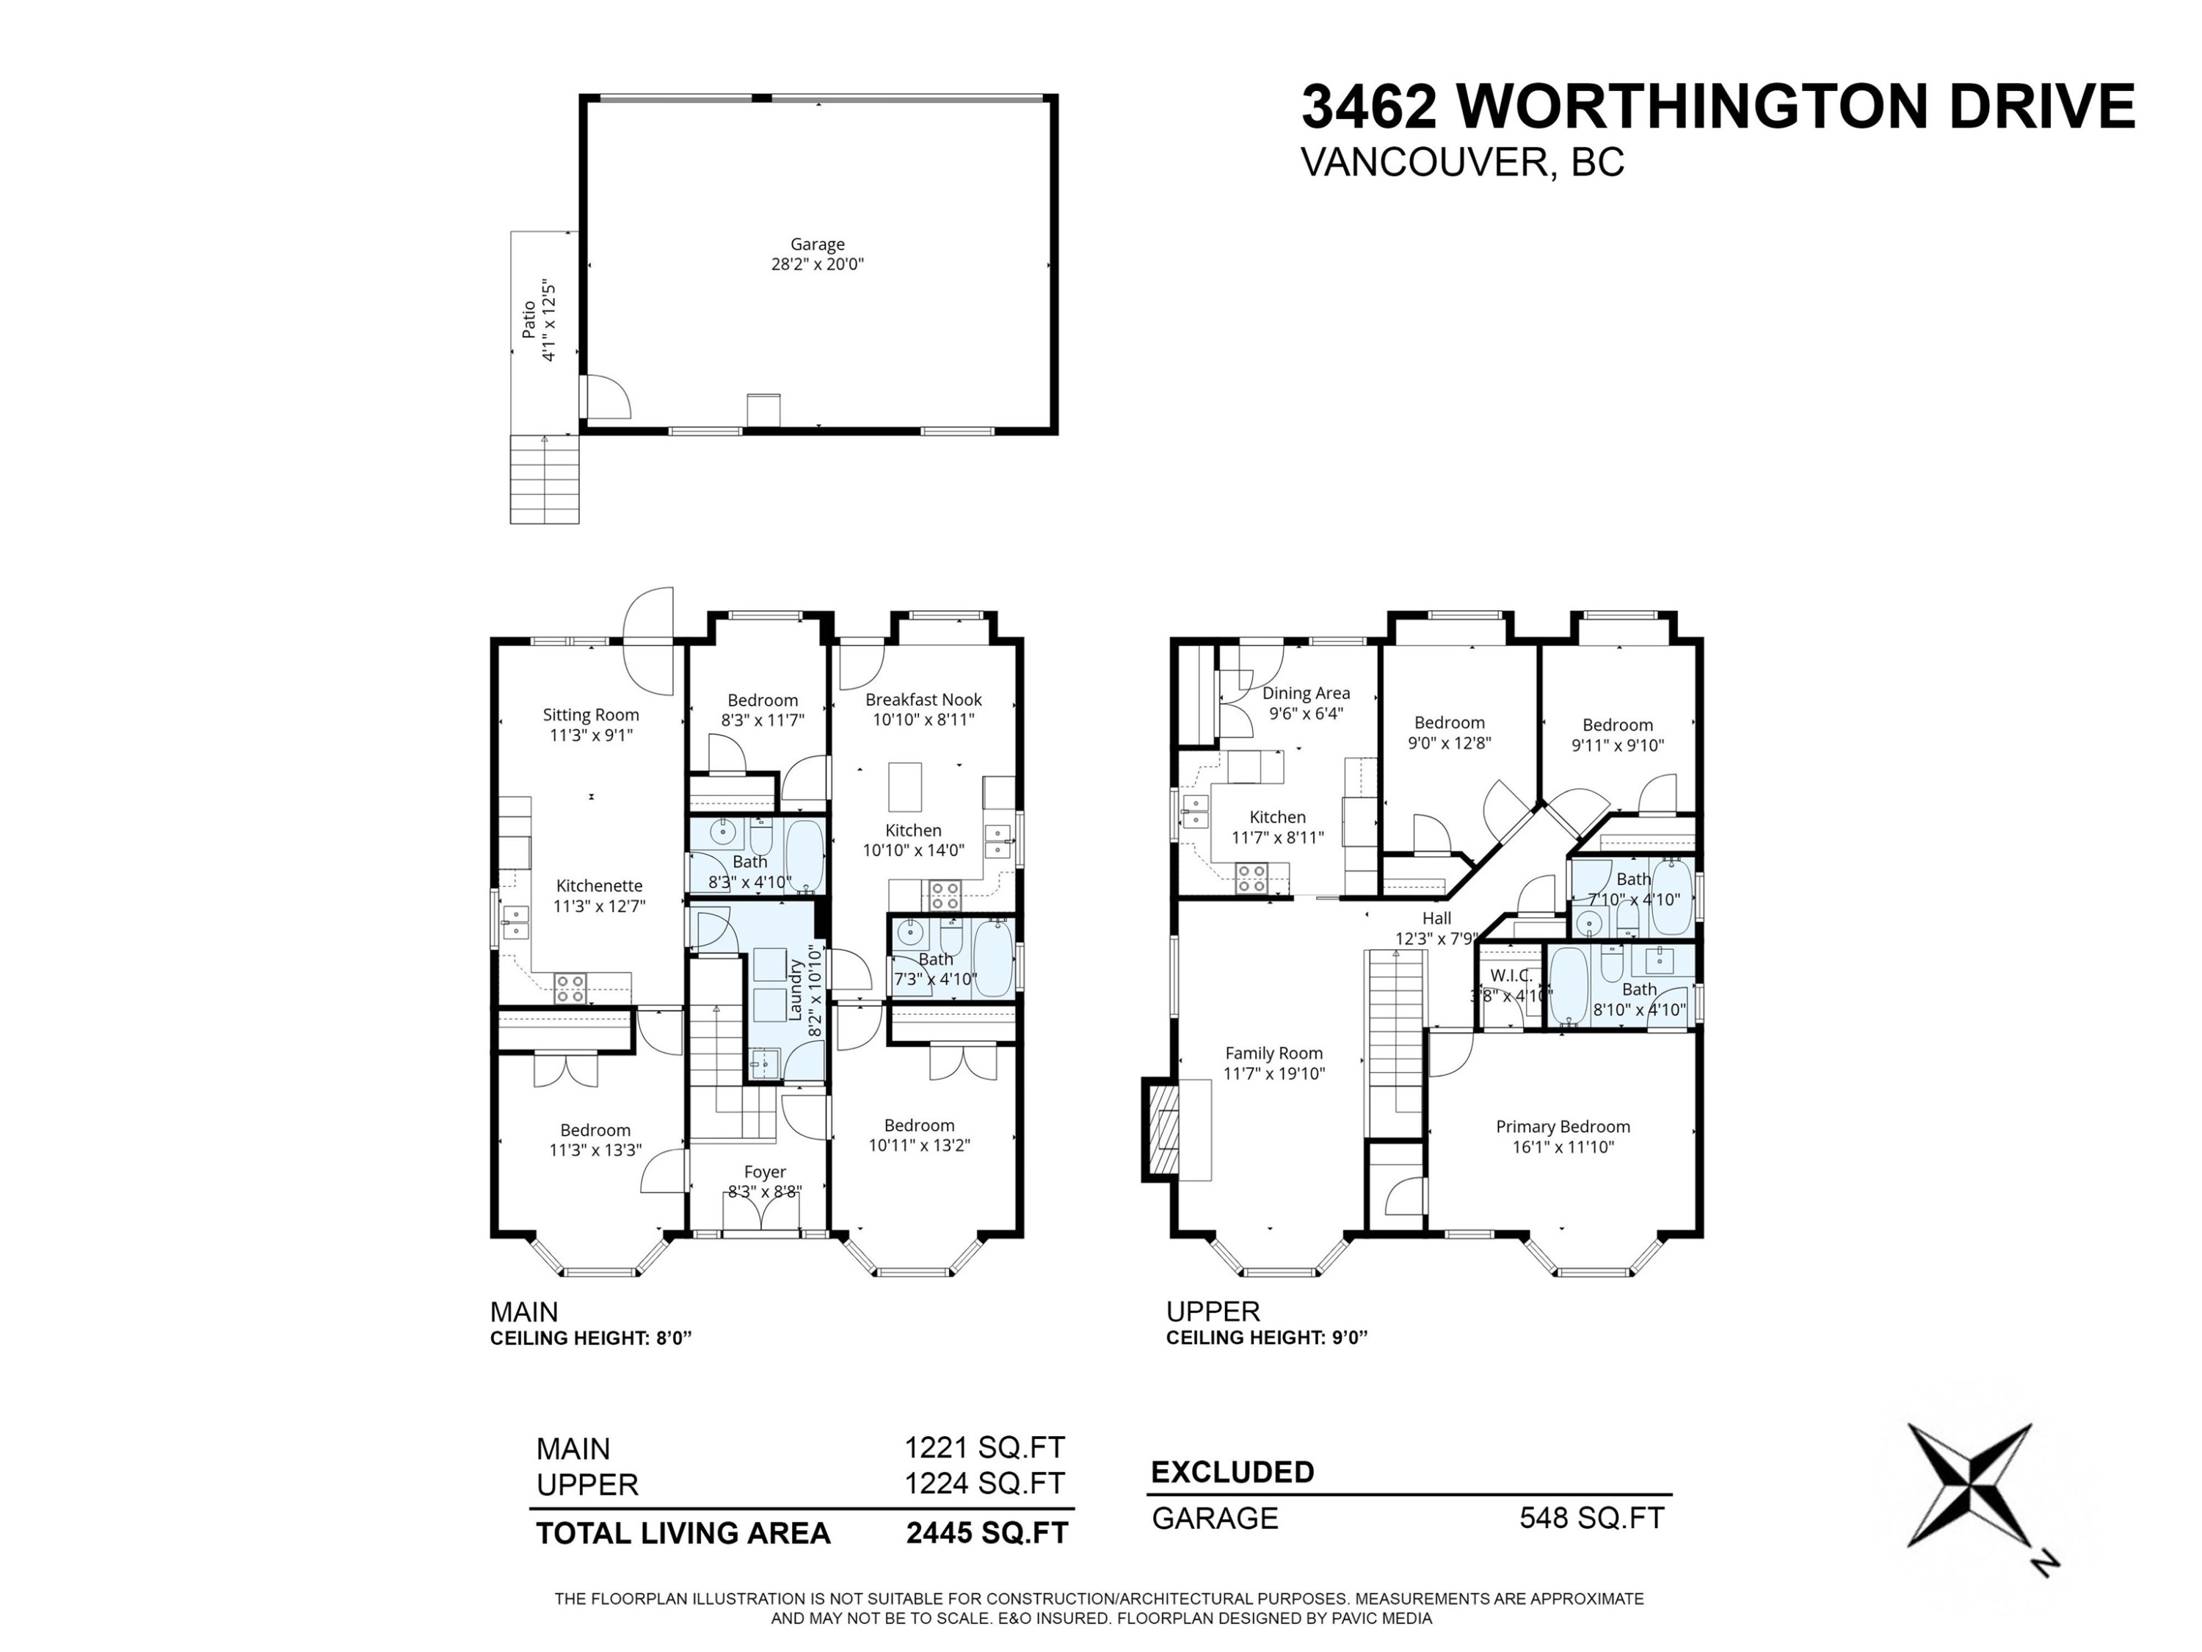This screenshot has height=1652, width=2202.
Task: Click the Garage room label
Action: point(817,244)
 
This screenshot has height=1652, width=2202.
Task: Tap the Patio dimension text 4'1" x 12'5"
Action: point(548,321)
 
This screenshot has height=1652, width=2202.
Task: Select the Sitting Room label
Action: point(590,715)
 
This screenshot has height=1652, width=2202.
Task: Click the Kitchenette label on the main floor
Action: point(598,885)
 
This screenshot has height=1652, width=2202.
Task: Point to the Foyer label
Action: point(765,1172)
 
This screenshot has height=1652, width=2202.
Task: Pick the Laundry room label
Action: point(796,990)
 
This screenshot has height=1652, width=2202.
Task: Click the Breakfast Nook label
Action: point(923,700)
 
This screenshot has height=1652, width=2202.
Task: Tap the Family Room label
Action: point(1273,1053)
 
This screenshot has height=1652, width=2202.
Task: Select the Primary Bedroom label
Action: point(1562,1126)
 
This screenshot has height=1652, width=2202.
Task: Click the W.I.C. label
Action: point(1510,976)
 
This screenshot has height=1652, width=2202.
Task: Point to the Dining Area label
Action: point(1305,693)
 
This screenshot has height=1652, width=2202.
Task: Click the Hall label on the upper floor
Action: point(1436,918)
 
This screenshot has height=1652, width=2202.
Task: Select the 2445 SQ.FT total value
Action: point(986,1534)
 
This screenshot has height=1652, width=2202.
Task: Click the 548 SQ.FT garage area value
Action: point(1591,1518)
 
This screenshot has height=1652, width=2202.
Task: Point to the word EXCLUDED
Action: point(1232,1472)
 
